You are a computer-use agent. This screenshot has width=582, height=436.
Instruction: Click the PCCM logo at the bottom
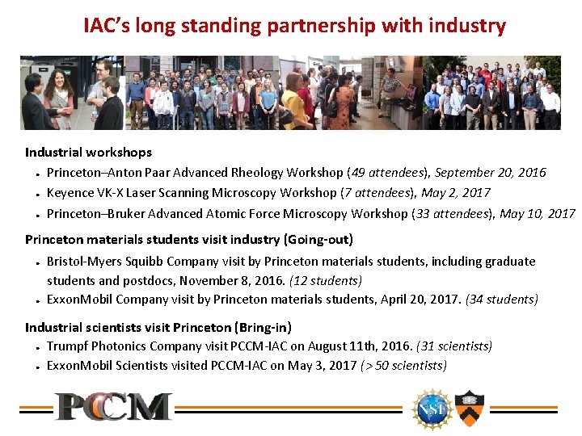click(113, 406)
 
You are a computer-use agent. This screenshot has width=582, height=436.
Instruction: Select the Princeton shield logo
click(468, 408)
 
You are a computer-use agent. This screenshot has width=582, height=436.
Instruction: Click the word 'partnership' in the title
click(323, 26)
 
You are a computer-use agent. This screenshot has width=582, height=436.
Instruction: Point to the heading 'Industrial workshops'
click(88, 152)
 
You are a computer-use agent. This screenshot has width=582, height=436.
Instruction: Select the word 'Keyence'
click(70, 193)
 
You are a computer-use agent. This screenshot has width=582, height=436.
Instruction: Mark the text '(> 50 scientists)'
click(403, 366)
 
